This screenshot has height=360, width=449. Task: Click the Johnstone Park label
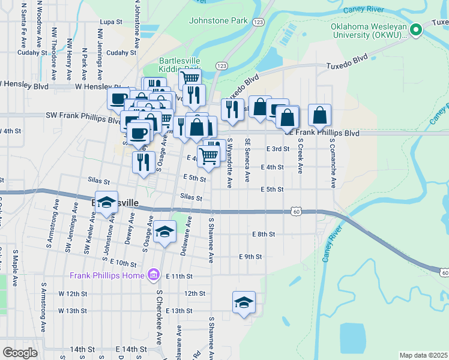pyautogui.click(x=218, y=20)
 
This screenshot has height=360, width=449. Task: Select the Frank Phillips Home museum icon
pyautogui.click(x=154, y=275)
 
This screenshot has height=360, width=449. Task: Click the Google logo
pyautogui.click(x=20, y=353)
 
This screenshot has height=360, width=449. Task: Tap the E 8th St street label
pyautogui.click(x=264, y=234)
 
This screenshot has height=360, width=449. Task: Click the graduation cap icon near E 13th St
pyautogui.click(x=244, y=303)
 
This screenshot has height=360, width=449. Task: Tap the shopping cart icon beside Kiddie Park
pyautogui.click(x=191, y=78)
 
